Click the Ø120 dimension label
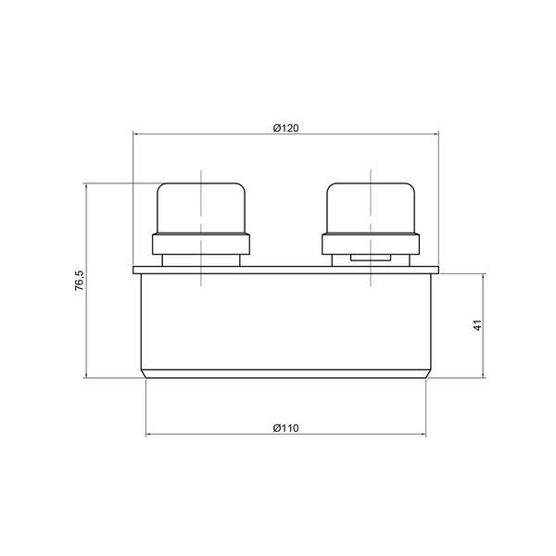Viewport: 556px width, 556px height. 285,128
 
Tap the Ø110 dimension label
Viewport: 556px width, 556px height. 285,428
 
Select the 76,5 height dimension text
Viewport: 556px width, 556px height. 80,281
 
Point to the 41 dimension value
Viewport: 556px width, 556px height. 478,325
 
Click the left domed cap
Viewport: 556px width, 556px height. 201,208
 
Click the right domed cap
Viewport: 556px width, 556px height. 371,208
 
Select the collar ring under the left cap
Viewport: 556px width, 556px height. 201,244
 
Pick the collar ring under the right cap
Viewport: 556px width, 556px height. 371,244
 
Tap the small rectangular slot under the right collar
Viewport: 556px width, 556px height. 371,258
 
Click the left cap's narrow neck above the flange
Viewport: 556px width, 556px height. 201,260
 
